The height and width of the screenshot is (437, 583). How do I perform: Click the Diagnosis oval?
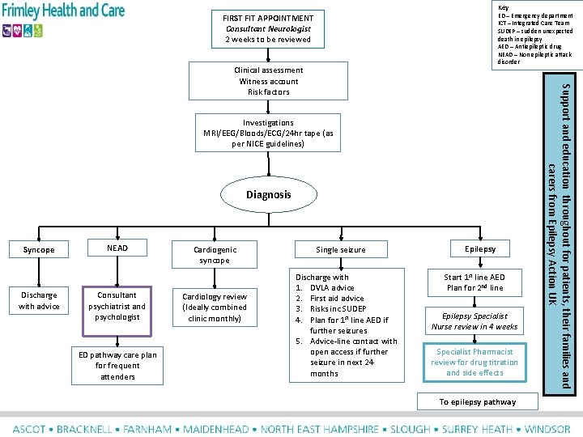coord(268,195)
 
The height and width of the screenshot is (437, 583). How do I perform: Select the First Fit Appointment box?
coord(268,28)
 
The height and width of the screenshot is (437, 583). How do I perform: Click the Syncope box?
coord(39,249)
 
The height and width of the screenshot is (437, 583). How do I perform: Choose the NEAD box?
coord(117,248)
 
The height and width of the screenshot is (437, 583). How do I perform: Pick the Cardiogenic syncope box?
coord(215,255)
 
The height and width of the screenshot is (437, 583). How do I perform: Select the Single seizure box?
coord(341,250)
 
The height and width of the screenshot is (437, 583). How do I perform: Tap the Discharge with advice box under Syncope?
coord(39,301)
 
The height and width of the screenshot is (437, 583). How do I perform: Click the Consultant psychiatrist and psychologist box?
coord(117,306)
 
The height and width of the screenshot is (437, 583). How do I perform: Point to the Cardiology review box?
coord(215,307)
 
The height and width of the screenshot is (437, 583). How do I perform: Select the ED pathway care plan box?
coord(118,366)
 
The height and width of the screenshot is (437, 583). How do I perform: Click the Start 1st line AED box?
coord(474,282)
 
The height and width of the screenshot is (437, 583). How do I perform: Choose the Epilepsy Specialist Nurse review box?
coord(474,321)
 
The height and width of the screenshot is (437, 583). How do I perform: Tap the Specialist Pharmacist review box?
coord(474,362)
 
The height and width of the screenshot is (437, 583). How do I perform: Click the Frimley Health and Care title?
coord(62,11)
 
